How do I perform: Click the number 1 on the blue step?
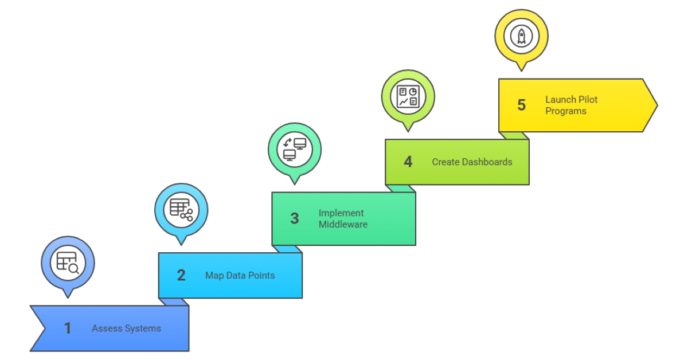pyautogui.click(x=68, y=328)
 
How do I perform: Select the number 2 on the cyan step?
pyautogui.click(x=181, y=276)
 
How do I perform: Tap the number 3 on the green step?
pyautogui.click(x=294, y=218)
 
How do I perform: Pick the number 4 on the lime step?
pyautogui.click(x=408, y=162)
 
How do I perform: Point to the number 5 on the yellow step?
pyautogui.click(x=521, y=105)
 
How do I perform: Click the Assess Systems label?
pyautogui.click(x=126, y=328)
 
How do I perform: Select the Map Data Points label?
pyautogui.click(x=240, y=276)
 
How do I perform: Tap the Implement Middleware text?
pyautogui.click(x=343, y=218)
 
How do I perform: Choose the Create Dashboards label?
pyautogui.click(x=472, y=162)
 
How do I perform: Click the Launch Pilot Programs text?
pyautogui.click(x=571, y=105)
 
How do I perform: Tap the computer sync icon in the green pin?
pyautogui.click(x=294, y=149)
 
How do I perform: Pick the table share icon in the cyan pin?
pyautogui.click(x=181, y=210)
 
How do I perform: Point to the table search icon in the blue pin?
pyautogui.click(x=68, y=263)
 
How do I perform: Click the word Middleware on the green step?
pyautogui.click(x=343, y=224)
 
